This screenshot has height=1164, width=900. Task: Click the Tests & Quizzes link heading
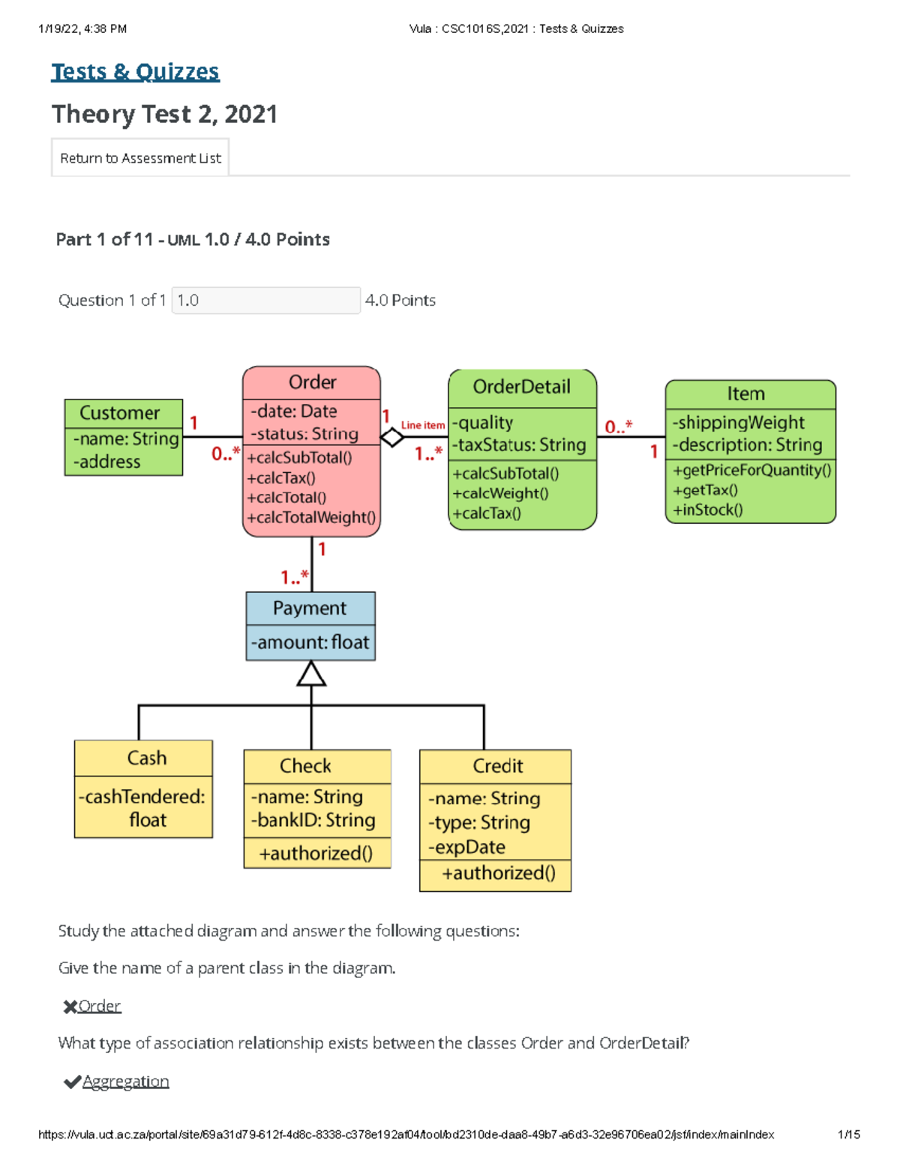[x=135, y=72]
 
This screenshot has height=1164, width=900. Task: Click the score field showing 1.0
[x=265, y=301]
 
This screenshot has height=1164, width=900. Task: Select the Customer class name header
[x=120, y=413]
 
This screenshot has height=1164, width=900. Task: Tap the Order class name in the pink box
[x=312, y=382]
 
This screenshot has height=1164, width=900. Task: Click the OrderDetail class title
[x=521, y=387]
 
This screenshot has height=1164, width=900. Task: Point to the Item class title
[x=745, y=393]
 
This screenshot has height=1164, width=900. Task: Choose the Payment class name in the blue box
[x=310, y=608]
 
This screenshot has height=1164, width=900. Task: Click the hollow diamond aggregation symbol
[x=391, y=437]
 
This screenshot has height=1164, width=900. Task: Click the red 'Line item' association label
[x=423, y=425]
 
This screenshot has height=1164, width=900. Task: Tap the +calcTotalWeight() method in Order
[x=311, y=517]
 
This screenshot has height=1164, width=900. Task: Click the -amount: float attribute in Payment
[x=310, y=642]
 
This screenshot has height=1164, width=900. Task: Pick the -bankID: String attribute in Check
[x=313, y=820]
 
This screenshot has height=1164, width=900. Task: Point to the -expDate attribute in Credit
[x=466, y=847]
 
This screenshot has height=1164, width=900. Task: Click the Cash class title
[x=146, y=758]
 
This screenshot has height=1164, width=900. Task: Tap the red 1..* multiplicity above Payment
[x=294, y=577]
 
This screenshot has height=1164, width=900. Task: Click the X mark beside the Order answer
[x=70, y=1007]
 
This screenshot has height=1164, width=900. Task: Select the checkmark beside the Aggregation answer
[x=72, y=1082]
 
